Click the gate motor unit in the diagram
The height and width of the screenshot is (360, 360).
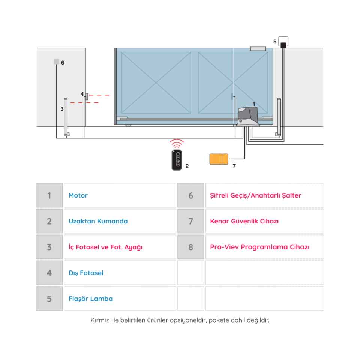tap(248, 117)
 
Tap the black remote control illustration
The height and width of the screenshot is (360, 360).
tap(177, 160)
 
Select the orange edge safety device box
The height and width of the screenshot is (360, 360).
tap(219, 159)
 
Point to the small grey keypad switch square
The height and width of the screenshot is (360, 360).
tap(57, 61)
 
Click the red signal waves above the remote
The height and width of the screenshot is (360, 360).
tap(177, 144)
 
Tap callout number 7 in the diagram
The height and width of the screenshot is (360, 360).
tap(234, 166)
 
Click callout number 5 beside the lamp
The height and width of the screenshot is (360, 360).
tap(275, 42)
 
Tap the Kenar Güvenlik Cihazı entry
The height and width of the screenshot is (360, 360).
tap(244, 221)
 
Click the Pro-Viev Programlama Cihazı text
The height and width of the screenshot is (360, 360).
tap(259, 247)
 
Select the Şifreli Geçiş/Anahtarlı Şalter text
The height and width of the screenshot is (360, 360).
tap(255, 195)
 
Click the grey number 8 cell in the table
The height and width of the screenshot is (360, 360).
tap(190, 247)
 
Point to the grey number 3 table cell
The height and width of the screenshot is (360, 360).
tap(49, 247)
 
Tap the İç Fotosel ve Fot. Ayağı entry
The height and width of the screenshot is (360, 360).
tap(105, 247)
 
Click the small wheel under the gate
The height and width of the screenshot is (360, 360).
tap(128, 125)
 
